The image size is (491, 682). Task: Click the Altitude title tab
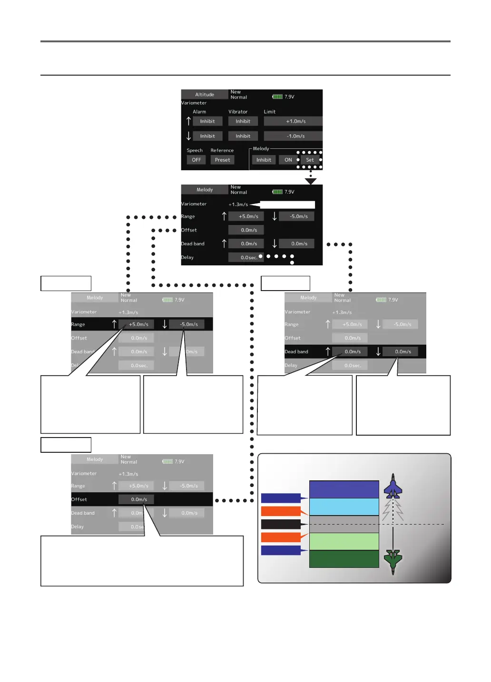click(205, 95)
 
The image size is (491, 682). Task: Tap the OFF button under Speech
click(196, 160)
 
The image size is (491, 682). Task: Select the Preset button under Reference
click(222, 160)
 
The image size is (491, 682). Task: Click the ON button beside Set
click(288, 160)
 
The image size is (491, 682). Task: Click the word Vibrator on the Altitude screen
click(238, 112)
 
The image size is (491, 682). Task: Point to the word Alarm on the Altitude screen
click(199, 112)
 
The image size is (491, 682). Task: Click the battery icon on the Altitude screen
click(277, 97)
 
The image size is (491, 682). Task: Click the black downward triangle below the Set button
click(311, 181)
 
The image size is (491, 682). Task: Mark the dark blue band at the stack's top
click(344, 489)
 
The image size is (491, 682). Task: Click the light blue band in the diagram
click(344, 507)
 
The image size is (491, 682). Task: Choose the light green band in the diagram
click(344, 541)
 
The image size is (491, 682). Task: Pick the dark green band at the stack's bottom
click(344, 559)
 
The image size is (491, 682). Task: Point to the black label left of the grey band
click(281, 524)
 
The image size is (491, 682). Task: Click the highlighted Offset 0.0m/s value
click(139, 499)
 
